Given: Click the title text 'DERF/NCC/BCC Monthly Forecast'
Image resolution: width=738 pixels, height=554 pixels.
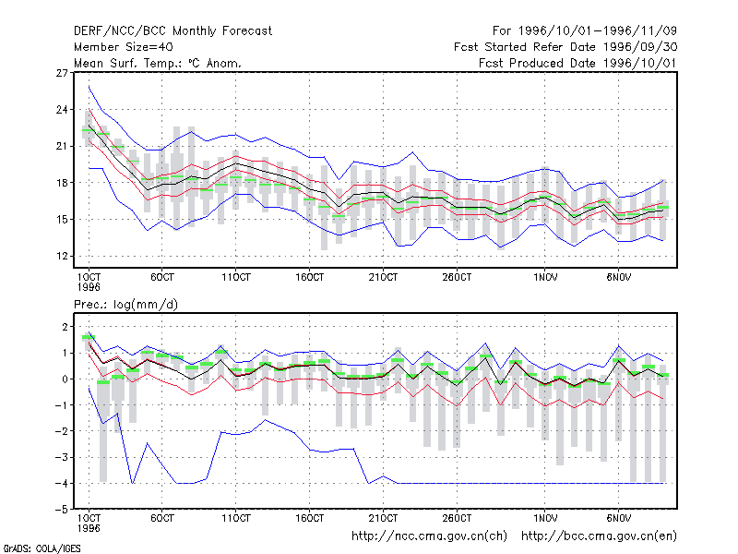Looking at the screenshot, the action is point(173,31).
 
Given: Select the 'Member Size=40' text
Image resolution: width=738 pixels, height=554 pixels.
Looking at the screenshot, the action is point(124,47).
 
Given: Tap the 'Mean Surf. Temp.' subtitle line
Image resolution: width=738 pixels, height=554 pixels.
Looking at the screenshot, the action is point(157,63).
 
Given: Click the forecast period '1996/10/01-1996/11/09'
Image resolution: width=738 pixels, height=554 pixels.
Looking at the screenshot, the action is point(597,31).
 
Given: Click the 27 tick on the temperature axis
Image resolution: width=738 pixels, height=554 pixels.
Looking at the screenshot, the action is point(62,73).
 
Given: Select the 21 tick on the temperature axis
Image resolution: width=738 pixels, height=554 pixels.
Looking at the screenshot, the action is point(62,146).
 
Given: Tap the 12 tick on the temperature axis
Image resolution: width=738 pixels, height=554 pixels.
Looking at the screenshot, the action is point(62,257).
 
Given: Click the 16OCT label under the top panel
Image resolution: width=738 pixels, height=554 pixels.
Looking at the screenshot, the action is point(309,278).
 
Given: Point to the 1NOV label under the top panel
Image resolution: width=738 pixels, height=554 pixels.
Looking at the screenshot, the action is point(545,278).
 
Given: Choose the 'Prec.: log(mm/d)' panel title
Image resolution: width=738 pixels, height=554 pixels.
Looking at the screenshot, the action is point(125,305).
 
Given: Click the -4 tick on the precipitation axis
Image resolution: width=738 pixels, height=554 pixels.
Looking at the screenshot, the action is point(59,483).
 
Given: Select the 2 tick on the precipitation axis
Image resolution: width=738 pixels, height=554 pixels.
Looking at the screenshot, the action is point(65,327).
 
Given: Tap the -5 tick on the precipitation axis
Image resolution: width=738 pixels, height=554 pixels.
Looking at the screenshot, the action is point(59,510).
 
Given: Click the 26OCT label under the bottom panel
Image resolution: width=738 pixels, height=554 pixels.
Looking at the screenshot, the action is point(457,518).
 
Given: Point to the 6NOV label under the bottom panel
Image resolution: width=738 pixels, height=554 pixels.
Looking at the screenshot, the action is point(618,518).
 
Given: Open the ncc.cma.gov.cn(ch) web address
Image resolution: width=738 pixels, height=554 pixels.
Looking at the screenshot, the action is point(429,536).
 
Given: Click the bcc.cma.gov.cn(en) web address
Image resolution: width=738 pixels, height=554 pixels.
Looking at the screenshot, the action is point(599,536).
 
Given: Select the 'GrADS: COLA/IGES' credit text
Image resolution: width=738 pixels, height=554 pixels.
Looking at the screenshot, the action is point(42,548).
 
